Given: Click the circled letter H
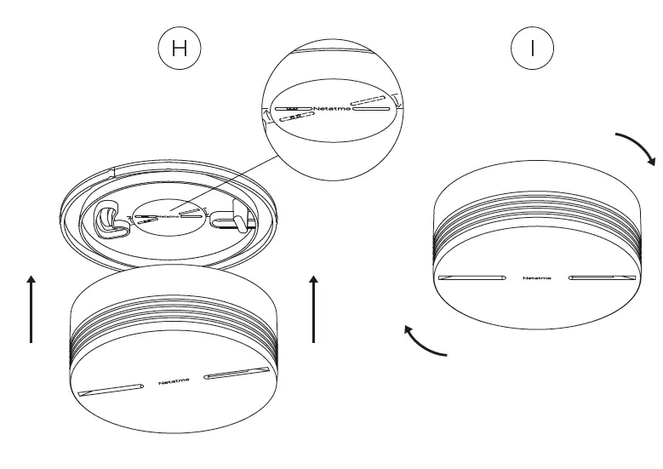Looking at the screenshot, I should [180, 49].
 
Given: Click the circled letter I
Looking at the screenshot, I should [533, 49].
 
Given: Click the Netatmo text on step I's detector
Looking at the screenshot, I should [536, 278].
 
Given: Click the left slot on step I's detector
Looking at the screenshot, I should [472, 278].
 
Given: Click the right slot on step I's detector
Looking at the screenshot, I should [602, 278].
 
